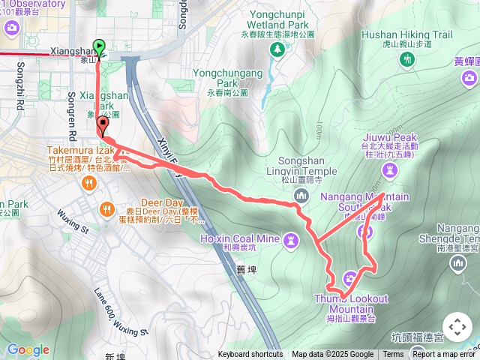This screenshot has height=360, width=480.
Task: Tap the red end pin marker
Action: coord(103,127)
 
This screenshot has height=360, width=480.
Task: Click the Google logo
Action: coord(28,349)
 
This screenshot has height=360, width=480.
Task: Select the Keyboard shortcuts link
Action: coord(250,355)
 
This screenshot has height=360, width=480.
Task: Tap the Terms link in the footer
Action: coord(393,355)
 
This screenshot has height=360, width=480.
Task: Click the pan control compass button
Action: coord(457,328)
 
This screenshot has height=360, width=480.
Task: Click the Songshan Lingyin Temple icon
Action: coord(301,195)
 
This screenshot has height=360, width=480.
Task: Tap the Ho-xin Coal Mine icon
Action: coord(290,239)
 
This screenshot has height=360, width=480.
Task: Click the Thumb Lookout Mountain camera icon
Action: coord(349,280)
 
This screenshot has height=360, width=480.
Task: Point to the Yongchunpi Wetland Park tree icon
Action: coord(279,49)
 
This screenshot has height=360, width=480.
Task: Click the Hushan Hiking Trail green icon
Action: coord(407,58)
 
